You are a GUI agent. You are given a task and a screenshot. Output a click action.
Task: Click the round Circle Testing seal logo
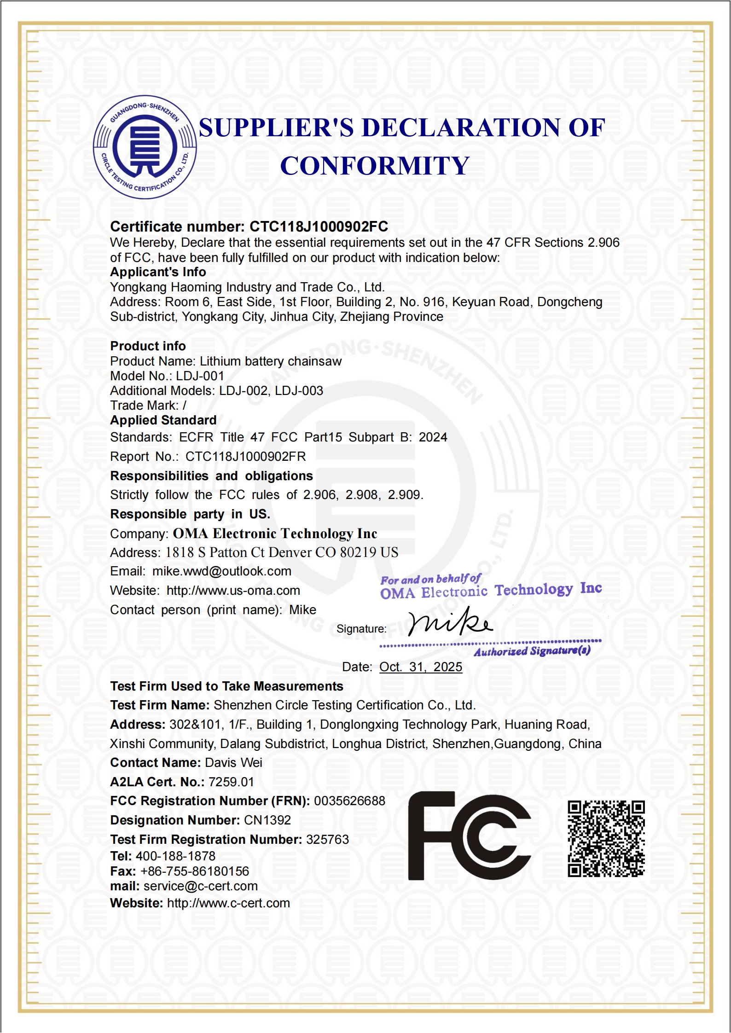pos(145,147)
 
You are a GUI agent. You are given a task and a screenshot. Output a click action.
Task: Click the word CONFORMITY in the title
pos(375,166)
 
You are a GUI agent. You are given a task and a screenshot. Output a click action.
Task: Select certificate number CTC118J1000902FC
pos(319,226)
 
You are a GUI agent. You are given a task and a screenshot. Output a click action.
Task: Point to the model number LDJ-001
pos(200,376)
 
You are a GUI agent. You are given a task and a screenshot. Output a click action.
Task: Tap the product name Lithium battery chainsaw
pos(271,361)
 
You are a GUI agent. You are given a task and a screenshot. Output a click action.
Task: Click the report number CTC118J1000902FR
pos(245,457)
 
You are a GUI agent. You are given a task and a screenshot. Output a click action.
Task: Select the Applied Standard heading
pos(163,420)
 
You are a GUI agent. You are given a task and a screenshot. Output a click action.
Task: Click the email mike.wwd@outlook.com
pos(222,571)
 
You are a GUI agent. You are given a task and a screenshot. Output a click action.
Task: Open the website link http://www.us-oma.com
pos(233,591)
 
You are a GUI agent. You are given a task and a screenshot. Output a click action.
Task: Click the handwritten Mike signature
pos(450,622)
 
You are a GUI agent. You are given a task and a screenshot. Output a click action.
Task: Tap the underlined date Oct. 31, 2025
pos(420,667)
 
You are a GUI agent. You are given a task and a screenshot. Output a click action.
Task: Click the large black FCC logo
pos(469,836)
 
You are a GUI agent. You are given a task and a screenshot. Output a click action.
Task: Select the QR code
pos(606,838)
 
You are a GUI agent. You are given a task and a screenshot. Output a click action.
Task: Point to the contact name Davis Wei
pos(233,763)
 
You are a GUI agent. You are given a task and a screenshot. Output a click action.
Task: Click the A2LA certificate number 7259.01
pos(231,782)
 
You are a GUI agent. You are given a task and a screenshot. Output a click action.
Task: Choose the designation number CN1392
pos(267,820)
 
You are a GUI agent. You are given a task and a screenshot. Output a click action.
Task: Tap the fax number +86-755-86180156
pos(194,871)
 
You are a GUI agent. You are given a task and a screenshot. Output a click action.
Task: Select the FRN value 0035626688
pos(349,801)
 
